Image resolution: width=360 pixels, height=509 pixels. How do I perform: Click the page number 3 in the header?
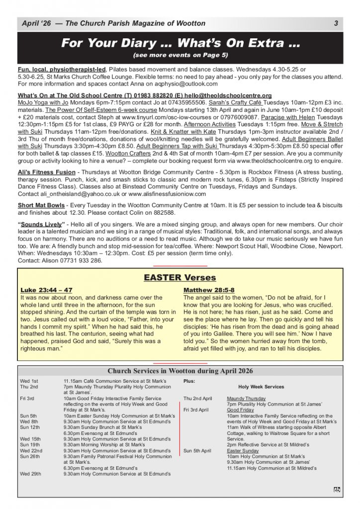(336, 23)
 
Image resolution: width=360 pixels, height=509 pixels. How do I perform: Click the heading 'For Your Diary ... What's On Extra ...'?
(180, 43)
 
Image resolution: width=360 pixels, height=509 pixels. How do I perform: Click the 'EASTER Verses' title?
(180, 277)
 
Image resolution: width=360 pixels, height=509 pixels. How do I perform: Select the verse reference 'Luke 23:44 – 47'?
(46, 290)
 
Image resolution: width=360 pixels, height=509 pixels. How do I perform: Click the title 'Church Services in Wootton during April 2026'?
(180, 371)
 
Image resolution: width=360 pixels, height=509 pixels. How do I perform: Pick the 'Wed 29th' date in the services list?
(30, 474)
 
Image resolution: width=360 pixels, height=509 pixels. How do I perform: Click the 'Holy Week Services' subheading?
(261, 387)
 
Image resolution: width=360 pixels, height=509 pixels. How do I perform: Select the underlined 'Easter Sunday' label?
(243, 451)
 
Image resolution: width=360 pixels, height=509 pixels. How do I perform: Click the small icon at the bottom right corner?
(337, 490)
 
